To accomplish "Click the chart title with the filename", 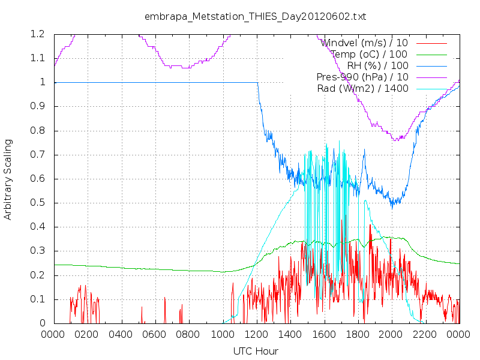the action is click(256, 17).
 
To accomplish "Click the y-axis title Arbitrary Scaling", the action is click(8, 179).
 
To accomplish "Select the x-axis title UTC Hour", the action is click(256, 351).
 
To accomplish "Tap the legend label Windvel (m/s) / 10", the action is click(364, 43).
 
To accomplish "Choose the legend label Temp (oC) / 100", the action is click(369, 54).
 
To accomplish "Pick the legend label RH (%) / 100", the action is click(377, 65).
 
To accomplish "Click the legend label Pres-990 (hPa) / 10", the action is click(362, 77).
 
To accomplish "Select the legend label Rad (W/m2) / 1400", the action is click(363, 88).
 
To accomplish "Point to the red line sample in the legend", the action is click(431, 43).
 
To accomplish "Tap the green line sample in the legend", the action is click(431, 55).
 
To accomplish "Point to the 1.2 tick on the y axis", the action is click(38, 34).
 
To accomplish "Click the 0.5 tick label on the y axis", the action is click(38, 203).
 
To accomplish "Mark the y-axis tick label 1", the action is click(43, 82).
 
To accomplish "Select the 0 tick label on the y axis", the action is click(43, 323).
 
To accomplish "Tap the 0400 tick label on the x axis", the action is click(121, 334).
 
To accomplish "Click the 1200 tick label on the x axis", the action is click(256, 334).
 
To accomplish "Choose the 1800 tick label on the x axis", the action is click(357, 334).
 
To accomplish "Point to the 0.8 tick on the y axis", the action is click(38, 130).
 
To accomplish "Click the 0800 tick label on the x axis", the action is click(188, 334).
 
